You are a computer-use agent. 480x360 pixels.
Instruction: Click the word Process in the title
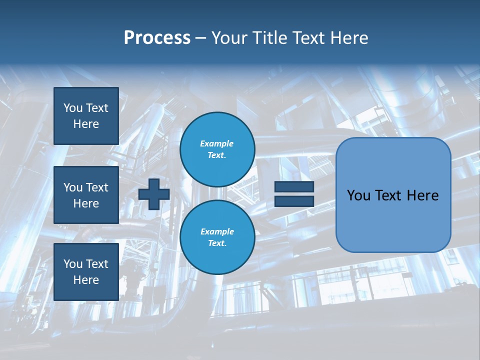click(x=157, y=38)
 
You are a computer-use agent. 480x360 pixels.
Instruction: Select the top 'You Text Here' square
click(x=86, y=116)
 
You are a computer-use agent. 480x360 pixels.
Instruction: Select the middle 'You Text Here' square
click(x=86, y=195)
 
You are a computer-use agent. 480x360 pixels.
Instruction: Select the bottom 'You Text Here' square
click(x=86, y=271)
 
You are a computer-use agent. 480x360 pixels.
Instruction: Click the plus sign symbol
click(x=154, y=194)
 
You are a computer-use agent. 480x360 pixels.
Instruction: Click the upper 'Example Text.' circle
click(x=217, y=149)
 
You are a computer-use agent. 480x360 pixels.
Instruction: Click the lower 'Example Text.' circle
click(x=217, y=237)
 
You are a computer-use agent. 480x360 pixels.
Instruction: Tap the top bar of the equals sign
click(x=294, y=187)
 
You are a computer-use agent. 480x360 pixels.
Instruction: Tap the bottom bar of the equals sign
click(x=294, y=201)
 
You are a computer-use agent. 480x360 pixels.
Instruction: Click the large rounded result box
click(x=393, y=195)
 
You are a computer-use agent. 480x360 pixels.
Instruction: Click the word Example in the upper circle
click(x=217, y=143)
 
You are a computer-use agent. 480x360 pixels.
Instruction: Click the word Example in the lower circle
click(x=217, y=231)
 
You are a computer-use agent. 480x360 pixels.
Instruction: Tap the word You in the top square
click(x=72, y=108)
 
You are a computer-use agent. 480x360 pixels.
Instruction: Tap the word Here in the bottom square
click(x=86, y=280)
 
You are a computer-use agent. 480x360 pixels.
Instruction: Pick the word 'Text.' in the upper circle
click(x=217, y=155)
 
